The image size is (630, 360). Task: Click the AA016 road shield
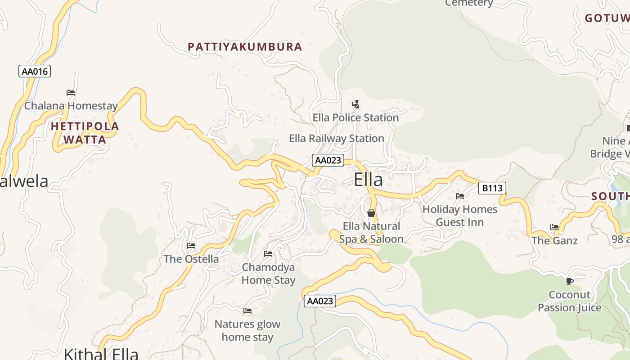click(35, 71)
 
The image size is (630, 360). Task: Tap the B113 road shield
click(492, 188)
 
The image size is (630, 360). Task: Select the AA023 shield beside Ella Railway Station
click(328, 160)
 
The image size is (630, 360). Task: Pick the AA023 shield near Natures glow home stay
click(320, 301)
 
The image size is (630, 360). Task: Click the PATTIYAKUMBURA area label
click(244, 47)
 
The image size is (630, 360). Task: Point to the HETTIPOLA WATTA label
click(85, 133)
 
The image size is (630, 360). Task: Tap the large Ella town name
click(368, 180)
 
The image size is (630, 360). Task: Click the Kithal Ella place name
click(101, 353)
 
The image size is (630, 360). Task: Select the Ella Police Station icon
click(355, 104)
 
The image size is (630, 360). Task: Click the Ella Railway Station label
click(336, 139)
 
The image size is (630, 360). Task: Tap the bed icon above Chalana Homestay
click(71, 93)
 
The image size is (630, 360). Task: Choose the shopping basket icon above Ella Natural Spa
click(371, 213)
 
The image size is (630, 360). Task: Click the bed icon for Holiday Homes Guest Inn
click(460, 196)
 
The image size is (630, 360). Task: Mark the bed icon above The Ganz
click(554, 227)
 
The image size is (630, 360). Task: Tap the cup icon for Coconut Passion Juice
click(569, 282)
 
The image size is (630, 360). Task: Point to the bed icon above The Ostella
click(191, 246)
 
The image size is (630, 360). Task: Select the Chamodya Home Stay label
click(269, 274)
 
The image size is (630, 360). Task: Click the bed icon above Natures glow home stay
click(247, 311)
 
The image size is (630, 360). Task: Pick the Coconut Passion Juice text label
click(569, 301)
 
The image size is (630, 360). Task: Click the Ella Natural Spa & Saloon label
click(371, 233)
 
